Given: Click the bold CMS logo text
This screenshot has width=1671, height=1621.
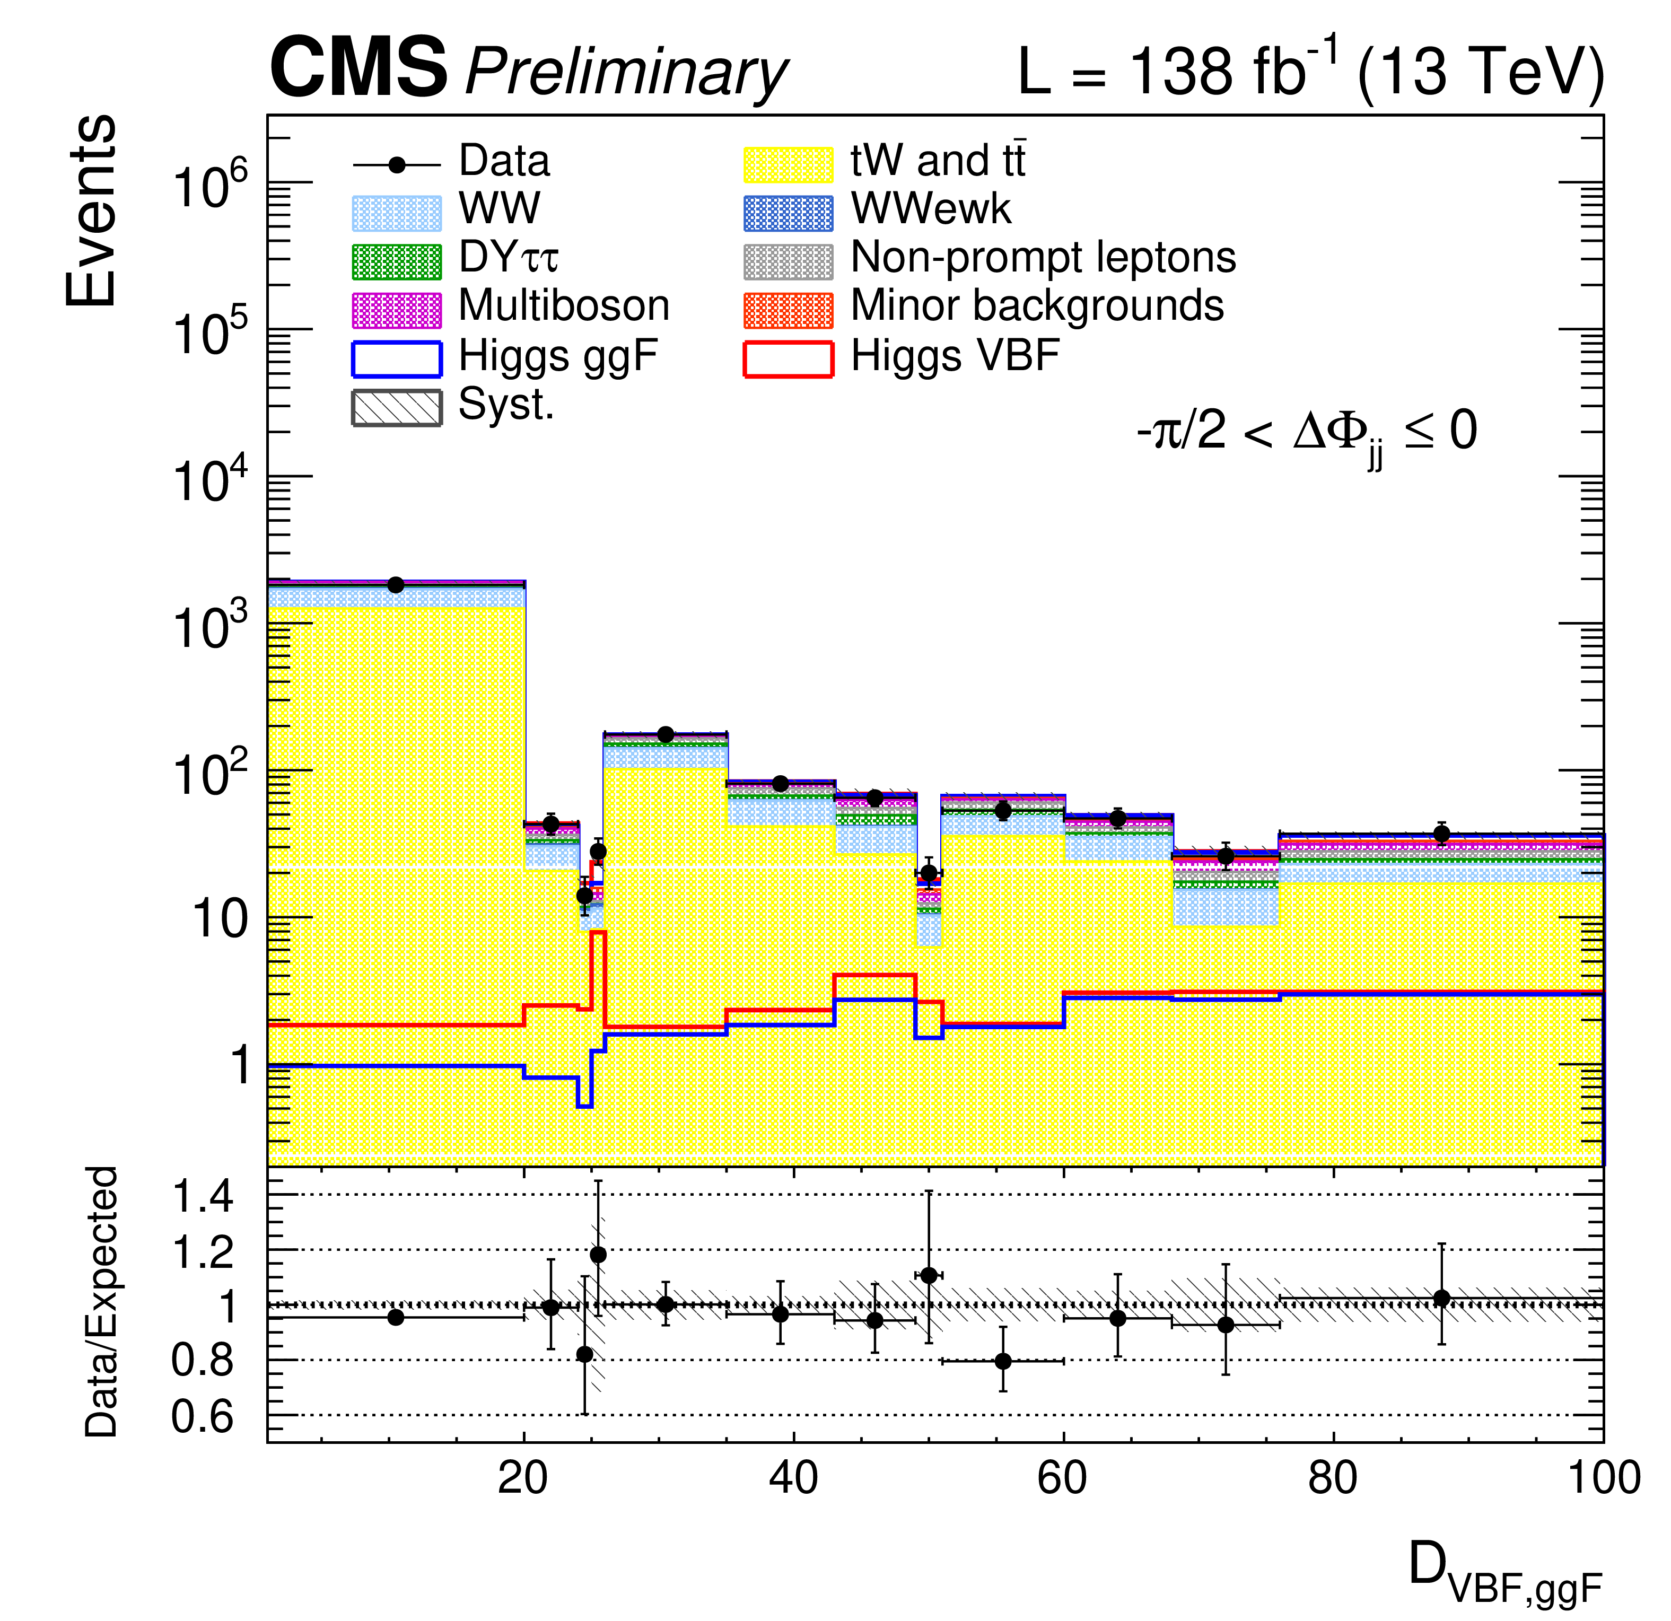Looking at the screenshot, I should (358, 68).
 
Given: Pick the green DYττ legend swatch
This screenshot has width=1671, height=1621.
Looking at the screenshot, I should (397, 261).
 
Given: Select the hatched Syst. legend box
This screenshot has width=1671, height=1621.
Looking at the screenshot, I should (397, 407).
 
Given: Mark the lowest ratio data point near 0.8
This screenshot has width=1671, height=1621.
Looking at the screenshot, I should (1003, 1361).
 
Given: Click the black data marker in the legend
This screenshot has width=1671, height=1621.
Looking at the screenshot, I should (397, 164).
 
